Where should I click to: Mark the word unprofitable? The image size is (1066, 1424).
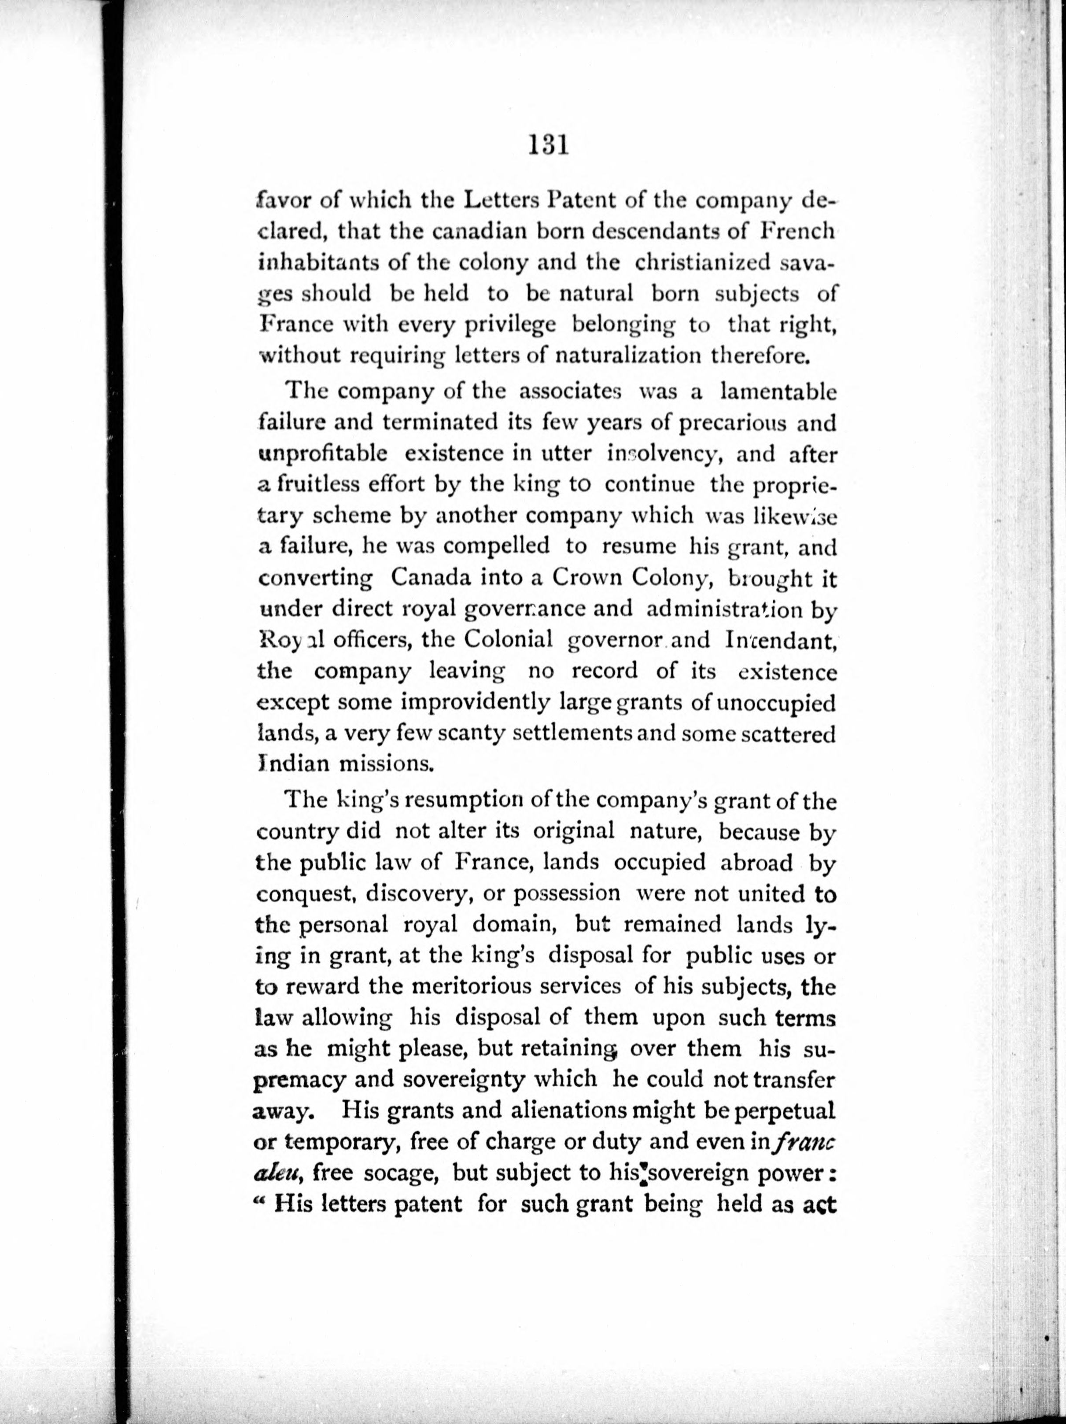(x=322, y=454)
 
